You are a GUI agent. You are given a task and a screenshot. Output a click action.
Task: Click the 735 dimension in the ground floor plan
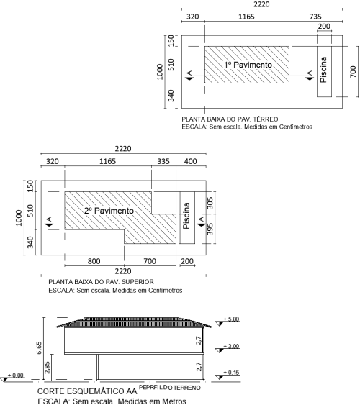315,17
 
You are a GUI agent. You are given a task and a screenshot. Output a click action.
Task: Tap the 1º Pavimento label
248,65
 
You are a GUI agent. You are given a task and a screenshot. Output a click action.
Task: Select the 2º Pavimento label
109,211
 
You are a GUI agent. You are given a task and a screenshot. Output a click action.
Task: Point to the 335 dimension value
163,161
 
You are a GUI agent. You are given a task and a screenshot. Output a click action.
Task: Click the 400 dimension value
191,161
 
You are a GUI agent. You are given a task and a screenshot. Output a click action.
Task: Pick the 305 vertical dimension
210,203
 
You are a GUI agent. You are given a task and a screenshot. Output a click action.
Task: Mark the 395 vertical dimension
210,229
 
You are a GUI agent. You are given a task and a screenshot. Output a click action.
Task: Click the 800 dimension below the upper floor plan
94,261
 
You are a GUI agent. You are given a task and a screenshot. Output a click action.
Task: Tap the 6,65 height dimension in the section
39,347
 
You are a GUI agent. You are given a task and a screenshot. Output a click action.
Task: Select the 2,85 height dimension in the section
48,368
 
